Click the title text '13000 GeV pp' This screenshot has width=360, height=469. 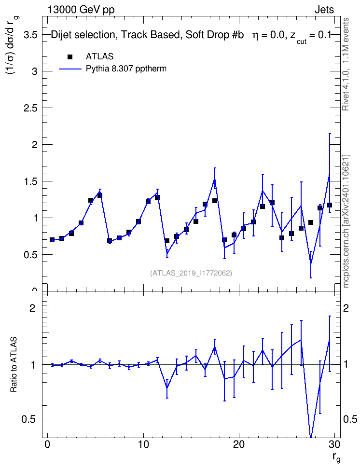[81, 10]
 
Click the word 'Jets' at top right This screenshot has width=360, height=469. [324, 10]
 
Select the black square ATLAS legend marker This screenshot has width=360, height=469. [70, 57]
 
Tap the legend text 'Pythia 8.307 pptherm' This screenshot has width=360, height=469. [126, 69]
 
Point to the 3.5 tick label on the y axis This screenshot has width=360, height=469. [30, 35]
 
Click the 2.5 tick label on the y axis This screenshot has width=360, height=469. [30, 108]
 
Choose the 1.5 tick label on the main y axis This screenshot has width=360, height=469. [30, 181]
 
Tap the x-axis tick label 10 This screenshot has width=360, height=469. [143, 444]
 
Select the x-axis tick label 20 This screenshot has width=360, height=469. [239, 444]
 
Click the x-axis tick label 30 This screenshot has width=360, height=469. [334, 444]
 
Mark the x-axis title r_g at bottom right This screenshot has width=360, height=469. [336, 457]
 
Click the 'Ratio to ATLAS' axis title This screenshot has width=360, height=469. [14, 365]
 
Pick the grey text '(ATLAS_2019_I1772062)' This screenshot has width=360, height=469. [191, 273]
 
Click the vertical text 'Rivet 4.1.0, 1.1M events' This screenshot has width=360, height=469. [346, 64]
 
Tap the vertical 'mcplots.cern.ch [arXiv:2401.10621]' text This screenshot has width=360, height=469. [346, 221]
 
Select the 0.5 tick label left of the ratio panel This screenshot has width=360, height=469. [29, 420]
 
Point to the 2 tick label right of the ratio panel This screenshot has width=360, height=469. [346, 308]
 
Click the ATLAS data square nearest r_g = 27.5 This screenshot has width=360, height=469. [311, 222]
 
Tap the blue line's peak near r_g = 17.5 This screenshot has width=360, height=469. [215, 179]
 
